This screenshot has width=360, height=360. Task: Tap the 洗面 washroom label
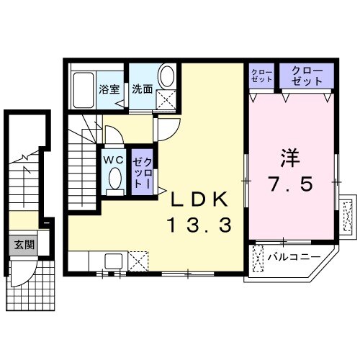tap(142, 90)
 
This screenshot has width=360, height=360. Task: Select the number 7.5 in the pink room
tap(291, 185)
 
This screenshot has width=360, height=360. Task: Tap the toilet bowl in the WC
tap(113, 180)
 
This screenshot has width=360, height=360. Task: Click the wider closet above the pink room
tap(312, 75)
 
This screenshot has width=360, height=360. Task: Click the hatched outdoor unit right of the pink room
tap(346, 214)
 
